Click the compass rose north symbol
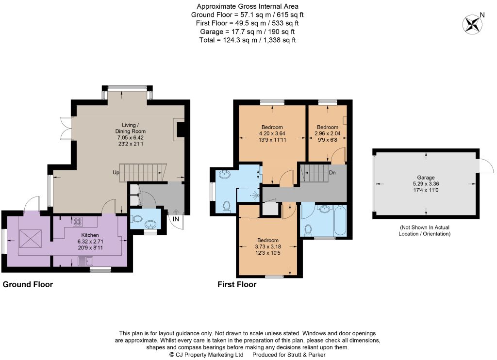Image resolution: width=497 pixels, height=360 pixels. pos(472,24)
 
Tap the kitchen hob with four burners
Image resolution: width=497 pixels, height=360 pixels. pos(78,222)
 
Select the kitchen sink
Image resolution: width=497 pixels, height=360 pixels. pos(85,261)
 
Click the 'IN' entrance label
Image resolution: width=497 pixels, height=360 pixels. pos(176,219)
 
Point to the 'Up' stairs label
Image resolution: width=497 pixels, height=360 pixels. pos(116,173)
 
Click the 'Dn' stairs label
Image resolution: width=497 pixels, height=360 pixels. pos(332,173)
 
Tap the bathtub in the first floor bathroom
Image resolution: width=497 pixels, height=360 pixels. pos(340,221)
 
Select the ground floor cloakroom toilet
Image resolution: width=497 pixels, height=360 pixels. pos(136,218)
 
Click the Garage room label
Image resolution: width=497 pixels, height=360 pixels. pos(426,178)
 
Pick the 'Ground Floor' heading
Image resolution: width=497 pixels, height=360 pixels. pos(28,285)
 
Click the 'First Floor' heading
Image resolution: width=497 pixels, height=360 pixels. pos(237,285)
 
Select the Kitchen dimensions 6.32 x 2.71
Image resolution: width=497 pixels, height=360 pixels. pos(90,242)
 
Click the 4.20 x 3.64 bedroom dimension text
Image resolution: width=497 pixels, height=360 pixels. pos(272,133)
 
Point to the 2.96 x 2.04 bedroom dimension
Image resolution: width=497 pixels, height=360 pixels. pos(328,133)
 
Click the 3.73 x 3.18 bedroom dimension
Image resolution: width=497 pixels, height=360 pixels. pos(268,246)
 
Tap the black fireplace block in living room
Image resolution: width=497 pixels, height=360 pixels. pos(181,130)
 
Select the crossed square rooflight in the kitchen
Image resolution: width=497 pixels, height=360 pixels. pos(31,239)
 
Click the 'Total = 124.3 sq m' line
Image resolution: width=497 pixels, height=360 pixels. pos(247,40)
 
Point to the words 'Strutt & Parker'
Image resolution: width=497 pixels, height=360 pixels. pos(306,355)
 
